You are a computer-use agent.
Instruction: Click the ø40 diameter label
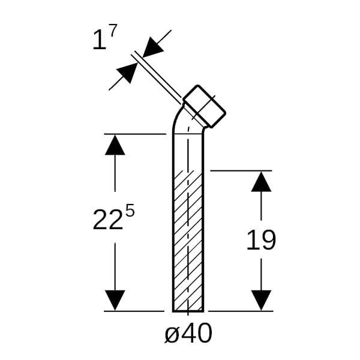tap(188, 333)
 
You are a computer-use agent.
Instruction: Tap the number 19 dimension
tap(261, 239)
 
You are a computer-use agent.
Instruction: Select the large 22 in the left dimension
tap(107, 220)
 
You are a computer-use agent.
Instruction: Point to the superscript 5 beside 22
tap(130, 211)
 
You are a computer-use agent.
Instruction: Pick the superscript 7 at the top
tap(113, 31)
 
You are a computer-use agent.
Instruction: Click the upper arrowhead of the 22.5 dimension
tap(115, 145)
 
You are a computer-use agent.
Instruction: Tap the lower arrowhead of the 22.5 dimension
tap(115, 301)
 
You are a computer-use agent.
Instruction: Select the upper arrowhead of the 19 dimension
tap(261, 181)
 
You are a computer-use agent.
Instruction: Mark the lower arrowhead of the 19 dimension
tap(261, 301)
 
